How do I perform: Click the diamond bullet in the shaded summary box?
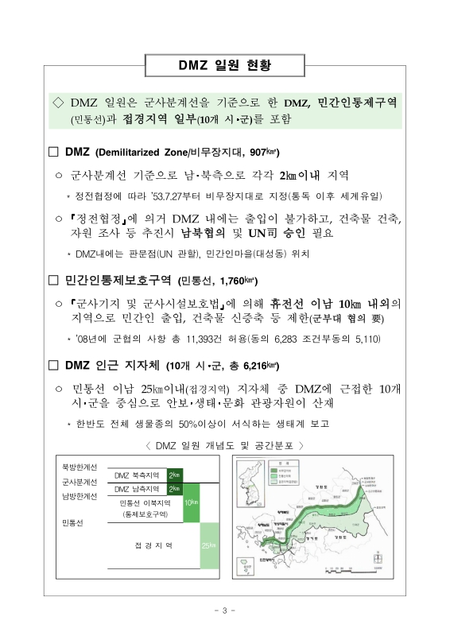tap(57, 103)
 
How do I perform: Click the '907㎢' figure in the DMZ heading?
tap(262, 152)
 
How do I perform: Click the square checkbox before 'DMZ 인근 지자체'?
tap(53, 365)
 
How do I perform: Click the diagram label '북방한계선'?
tap(80, 467)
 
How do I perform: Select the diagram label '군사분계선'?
tap(80, 482)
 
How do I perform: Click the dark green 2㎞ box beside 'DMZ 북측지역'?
tap(173, 475)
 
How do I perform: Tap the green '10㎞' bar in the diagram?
tap(191, 502)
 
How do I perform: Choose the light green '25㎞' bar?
tap(209, 545)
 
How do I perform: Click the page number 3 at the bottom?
tap(225, 611)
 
